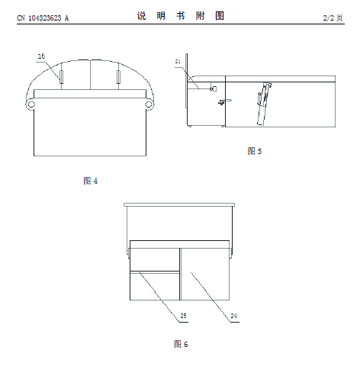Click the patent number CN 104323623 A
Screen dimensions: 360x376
tap(43, 18)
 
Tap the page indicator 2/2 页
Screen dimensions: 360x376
tap(333, 18)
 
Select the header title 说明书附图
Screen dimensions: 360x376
tap(181, 16)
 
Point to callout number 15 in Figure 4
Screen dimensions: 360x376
tap(41, 56)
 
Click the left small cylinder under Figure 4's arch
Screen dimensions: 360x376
tap(61, 77)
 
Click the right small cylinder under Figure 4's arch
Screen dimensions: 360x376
tap(118, 77)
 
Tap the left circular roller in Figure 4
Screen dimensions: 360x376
tap(31, 104)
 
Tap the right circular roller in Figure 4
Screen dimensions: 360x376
tap(149, 104)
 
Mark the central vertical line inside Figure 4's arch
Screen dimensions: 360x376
tap(91, 75)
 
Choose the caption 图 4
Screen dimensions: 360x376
tap(91, 181)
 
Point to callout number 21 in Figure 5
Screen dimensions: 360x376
tap(178, 62)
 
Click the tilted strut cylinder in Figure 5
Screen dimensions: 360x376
tap(263, 104)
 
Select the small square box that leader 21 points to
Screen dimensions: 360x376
tap(214, 88)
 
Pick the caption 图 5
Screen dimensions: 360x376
tap(255, 151)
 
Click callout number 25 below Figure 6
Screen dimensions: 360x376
tap(183, 316)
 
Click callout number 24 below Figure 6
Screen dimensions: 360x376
tap(234, 316)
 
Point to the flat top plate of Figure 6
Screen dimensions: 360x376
tap(179, 204)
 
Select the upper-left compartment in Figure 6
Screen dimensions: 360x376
tap(155, 259)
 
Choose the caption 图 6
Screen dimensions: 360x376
tap(181, 344)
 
